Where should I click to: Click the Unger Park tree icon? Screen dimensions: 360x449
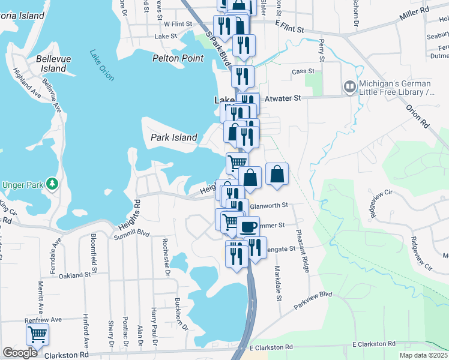pos(53,183)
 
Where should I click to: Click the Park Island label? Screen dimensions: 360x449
pos(173,137)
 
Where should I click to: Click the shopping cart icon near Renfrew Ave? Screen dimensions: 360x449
pos(37,334)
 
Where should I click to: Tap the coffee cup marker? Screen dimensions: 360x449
pos(248,227)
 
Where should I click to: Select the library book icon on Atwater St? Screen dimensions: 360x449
pos(349,88)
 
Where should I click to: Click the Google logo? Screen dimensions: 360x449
pos(20,353)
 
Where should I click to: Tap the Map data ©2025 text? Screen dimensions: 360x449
pos(423,355)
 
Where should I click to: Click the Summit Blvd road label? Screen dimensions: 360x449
pos(131,234)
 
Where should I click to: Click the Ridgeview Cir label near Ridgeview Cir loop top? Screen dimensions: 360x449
pos(381,204)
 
